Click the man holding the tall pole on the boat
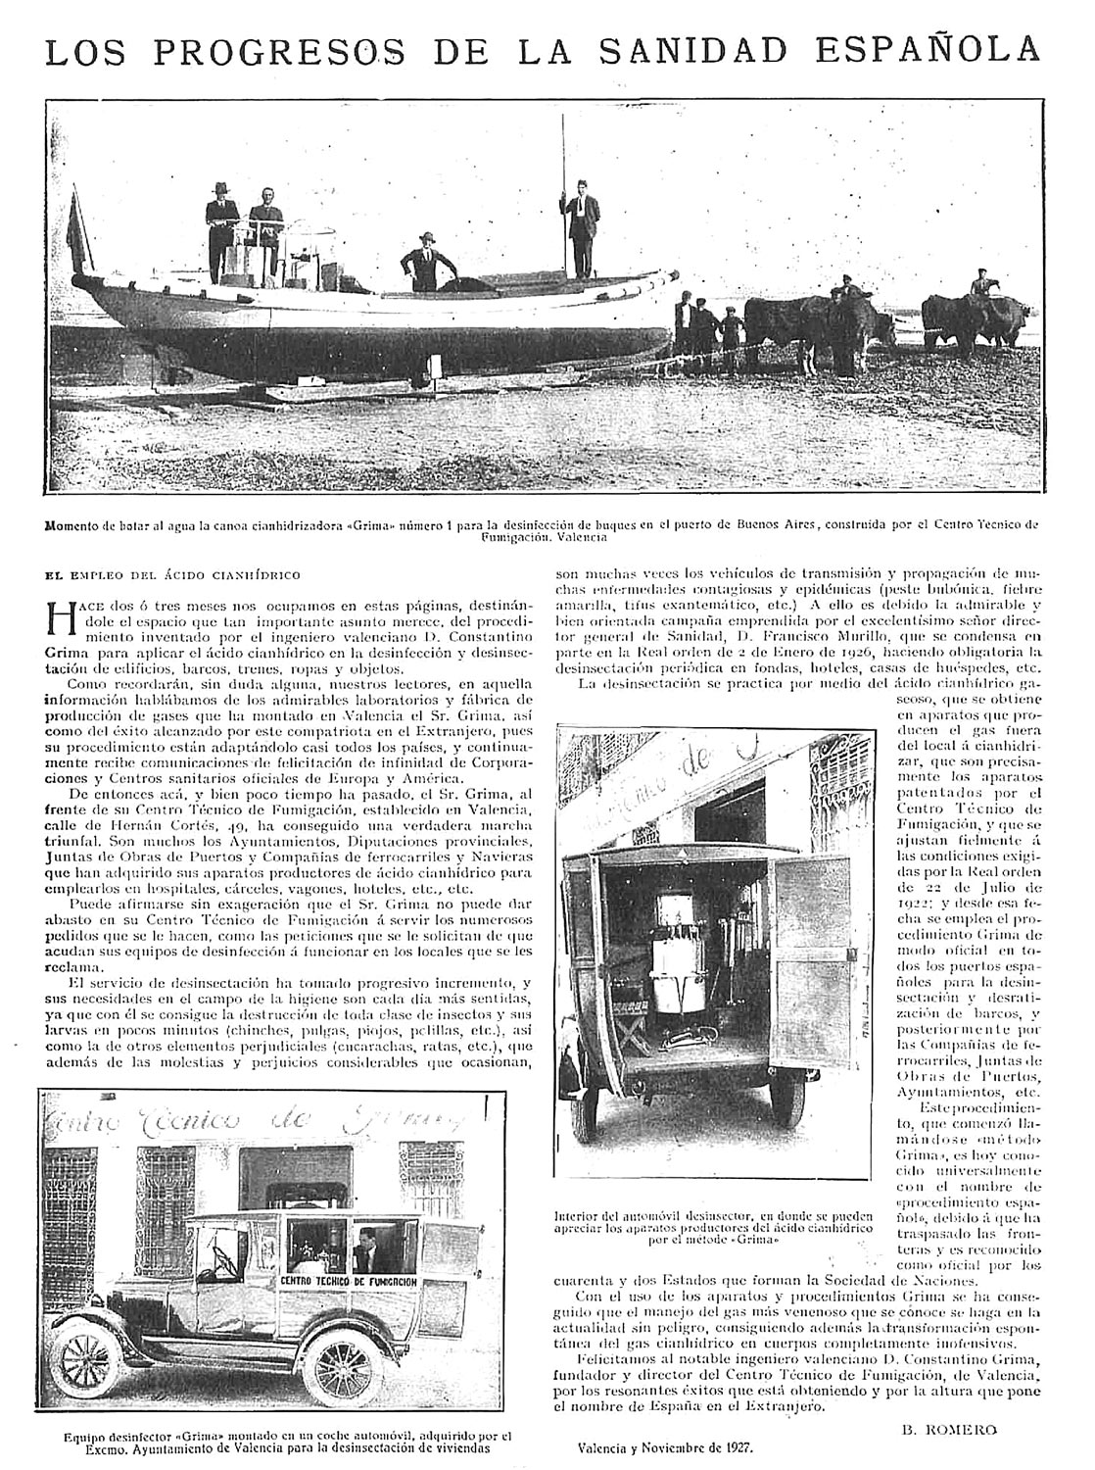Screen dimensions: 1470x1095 tap(582, 228)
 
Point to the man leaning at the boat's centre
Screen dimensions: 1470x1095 tap(426, 264)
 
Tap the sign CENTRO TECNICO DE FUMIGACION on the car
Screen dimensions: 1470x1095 tap(362, 1281)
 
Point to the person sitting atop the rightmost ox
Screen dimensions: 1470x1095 tap(980, 286)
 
